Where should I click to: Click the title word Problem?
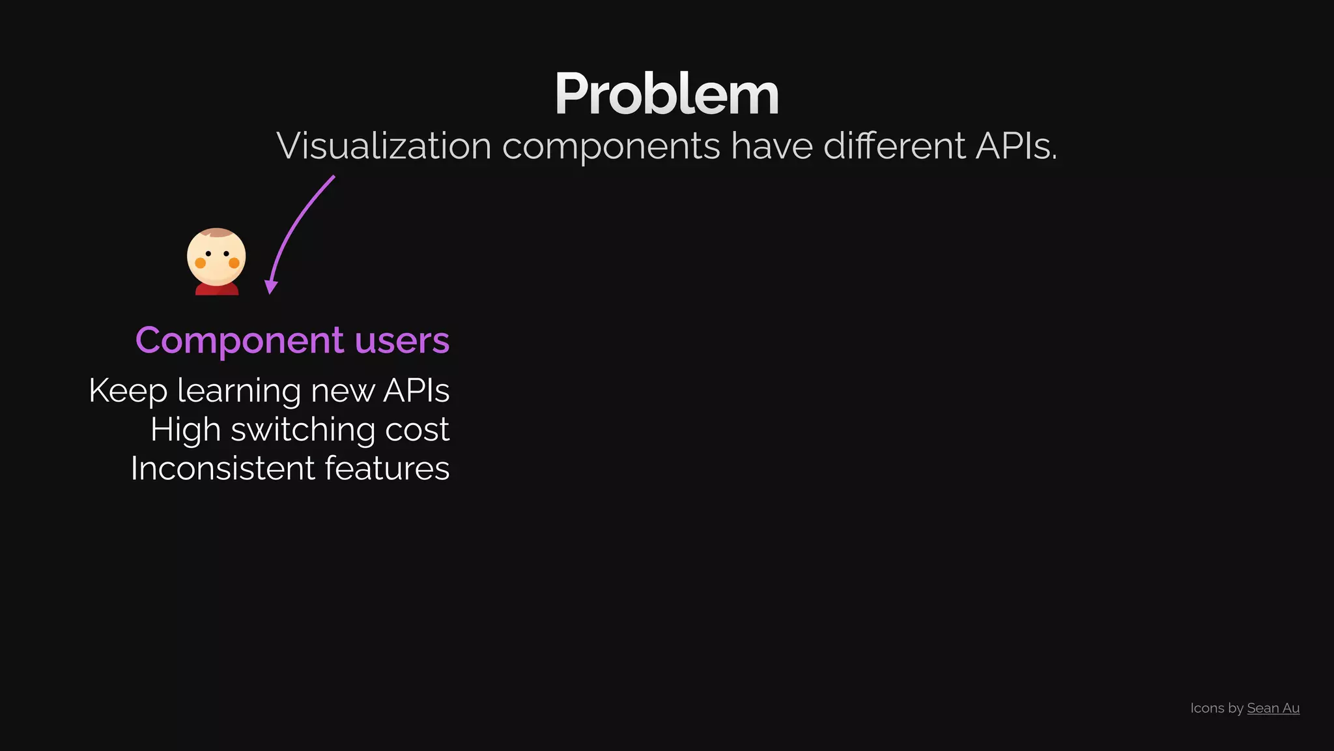pyautogui.click(x=666, y=95)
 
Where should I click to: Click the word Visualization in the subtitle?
pyautogui.click(x=384, y=145)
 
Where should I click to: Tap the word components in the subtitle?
pyautogui.click(x=611, y=145)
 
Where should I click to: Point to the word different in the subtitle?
pyautogui.click(x=894, y=145)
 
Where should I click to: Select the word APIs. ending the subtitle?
pyautogui.click(x=1016, y=145)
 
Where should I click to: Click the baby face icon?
pyautogui.click(x=216, y=257)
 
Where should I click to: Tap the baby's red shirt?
pyautogui.click(x=217, y=289)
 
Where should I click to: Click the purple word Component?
pyautogui.click(x=239, y=340)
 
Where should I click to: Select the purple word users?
pyautogui.click(x=402, y=340)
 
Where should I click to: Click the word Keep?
pyautogui.click(x=128, y=391)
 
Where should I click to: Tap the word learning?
pyautogui.click(x=239, y=391)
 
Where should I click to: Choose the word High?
pyautogui.click(x=185, y=430)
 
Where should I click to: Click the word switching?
pyautogui.click(x=303, y=430)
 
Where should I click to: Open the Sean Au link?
pyautogui.click(x=1273, y=708)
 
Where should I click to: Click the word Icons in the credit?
pyautogui.click(x=1207, y=708)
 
